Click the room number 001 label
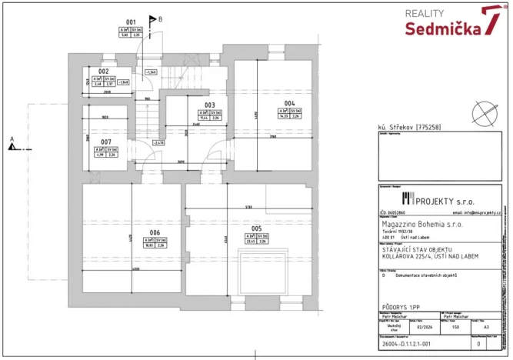coord(131,22)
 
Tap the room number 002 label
coord(104,70)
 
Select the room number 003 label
coord(209,105)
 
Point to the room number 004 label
coord(288,103)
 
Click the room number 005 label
coord(256,228)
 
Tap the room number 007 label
coord(106,142)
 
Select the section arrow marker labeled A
coord(13,142)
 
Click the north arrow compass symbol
coord(485,111)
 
